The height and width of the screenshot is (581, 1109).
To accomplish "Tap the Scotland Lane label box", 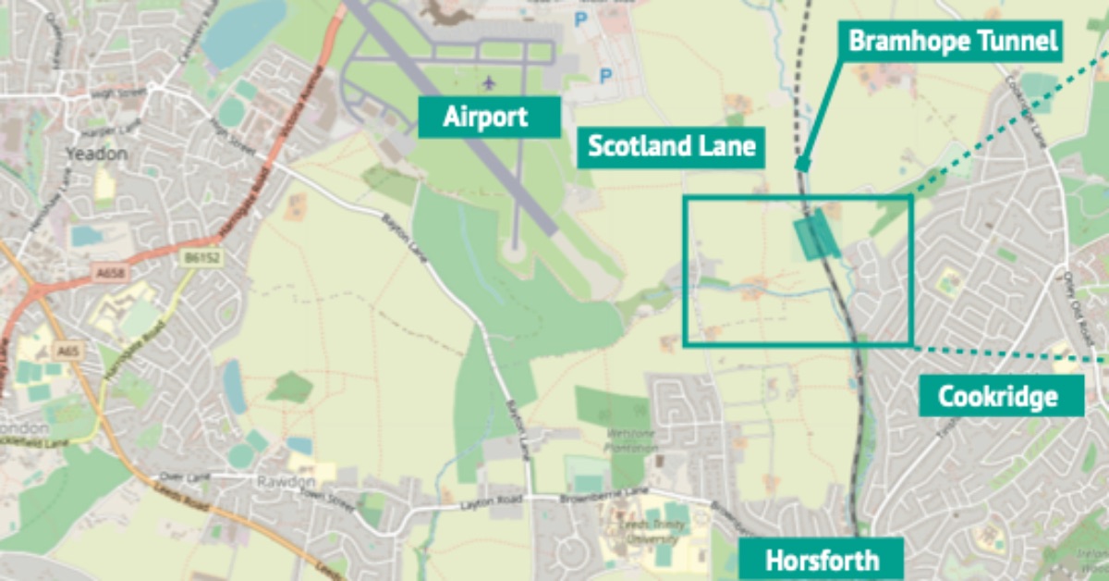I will click(x=671, y=146).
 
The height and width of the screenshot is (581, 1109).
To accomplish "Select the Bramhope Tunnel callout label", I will click(x=953, y=42).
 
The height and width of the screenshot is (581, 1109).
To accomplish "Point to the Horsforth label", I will click(x=822, y=560).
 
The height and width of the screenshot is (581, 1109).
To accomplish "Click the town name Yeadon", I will click(x=97, y=154).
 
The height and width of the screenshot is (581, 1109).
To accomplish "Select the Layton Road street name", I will click(x=484, y=505).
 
